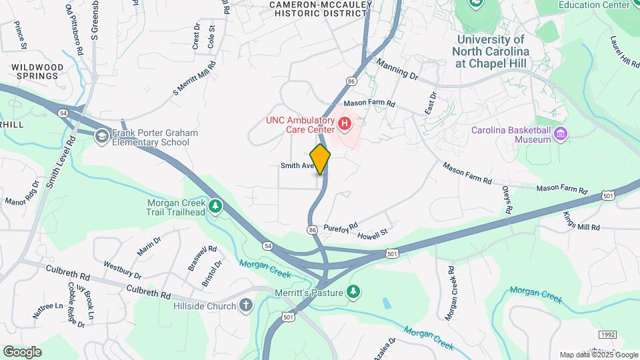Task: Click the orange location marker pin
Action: point(320,159)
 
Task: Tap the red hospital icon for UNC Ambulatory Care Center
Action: point(345,123)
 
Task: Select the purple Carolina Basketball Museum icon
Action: point(560,135)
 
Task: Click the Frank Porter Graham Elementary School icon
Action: point(101,137)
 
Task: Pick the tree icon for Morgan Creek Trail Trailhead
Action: point(215,206)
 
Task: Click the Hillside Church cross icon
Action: point(246,306)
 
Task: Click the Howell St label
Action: point(372,234)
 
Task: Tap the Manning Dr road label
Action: point(396,68)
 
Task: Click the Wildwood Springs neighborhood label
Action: point(37,71)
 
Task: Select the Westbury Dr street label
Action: point(122,270)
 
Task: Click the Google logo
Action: point(22,351)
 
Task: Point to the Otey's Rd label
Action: point(507,200)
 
